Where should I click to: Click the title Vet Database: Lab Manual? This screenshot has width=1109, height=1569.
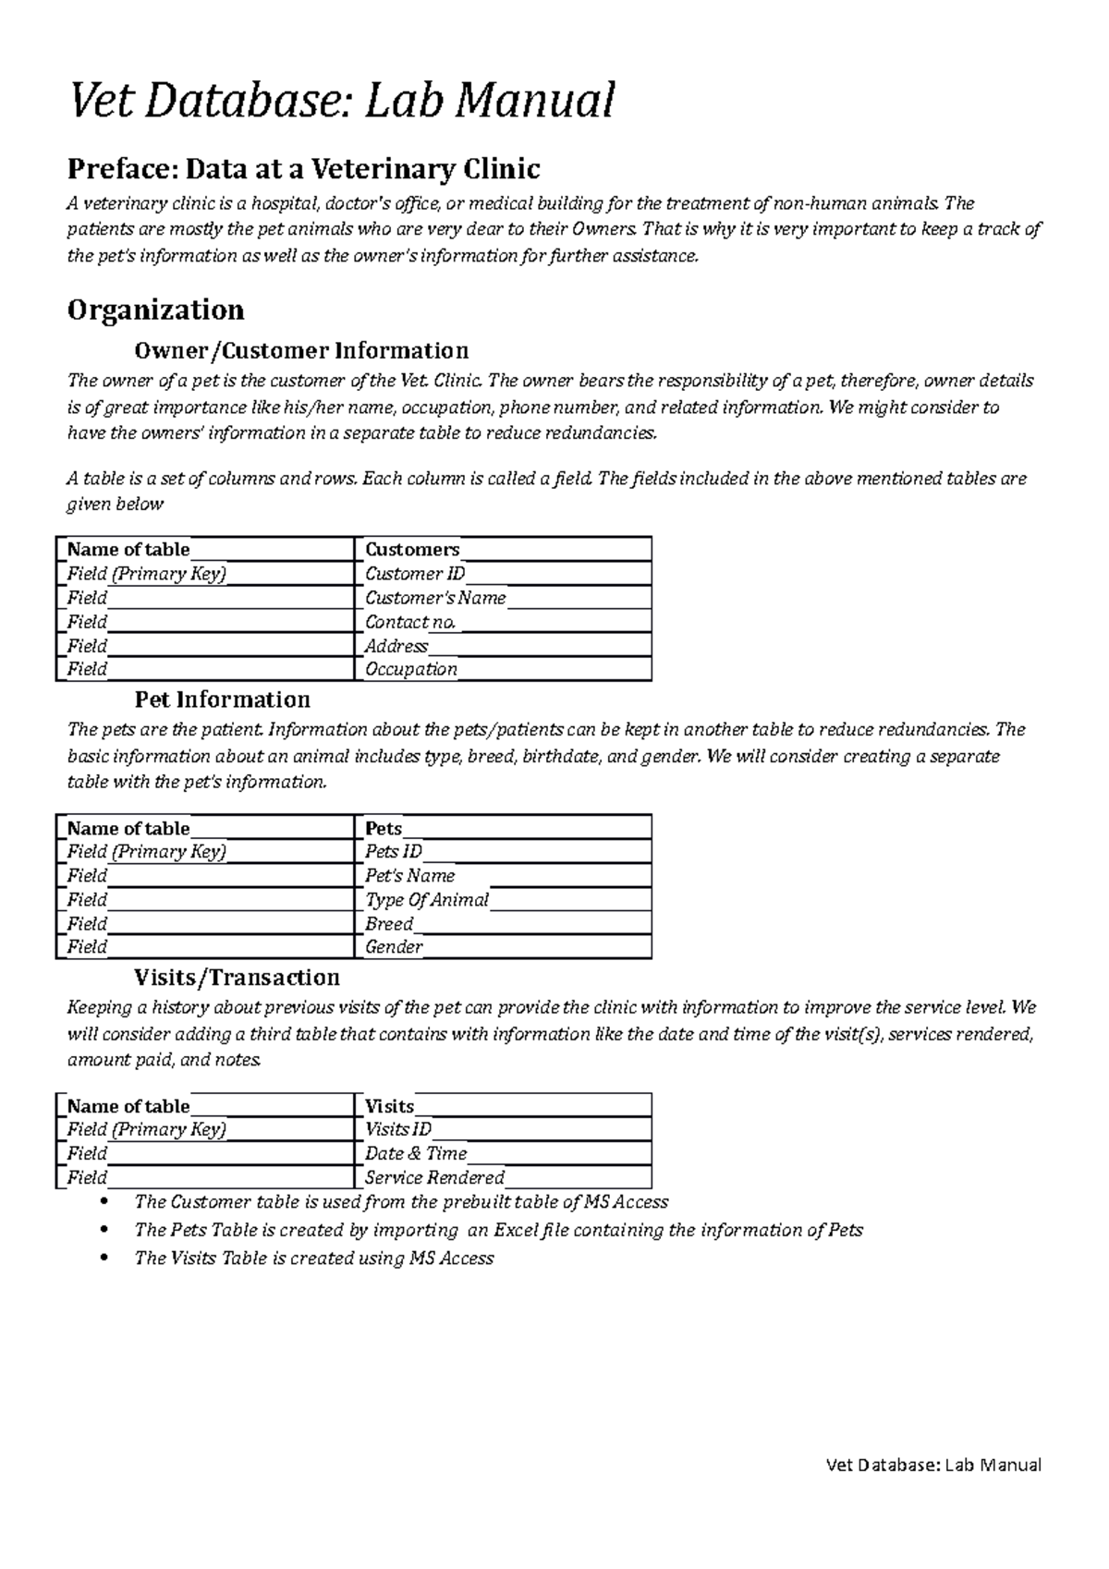coord(341,101)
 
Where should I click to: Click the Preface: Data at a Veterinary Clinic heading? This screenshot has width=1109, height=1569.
coord(303,169)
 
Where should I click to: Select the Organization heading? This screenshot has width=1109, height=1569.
coord(155,310)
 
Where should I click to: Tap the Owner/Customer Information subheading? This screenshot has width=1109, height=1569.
coord(301,351)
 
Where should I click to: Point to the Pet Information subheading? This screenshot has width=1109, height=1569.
coord(222,699)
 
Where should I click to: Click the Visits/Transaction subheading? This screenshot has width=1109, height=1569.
coord(237,978)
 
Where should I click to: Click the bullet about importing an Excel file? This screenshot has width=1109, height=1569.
coord(498,1231)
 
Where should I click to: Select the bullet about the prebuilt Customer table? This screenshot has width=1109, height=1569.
coord(400,1202)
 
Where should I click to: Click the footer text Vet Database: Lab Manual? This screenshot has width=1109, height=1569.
coord(933,1465)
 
